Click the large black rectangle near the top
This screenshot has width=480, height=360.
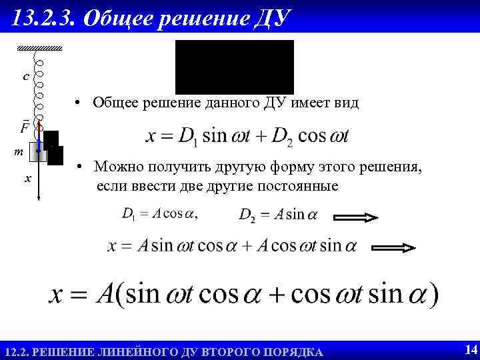click(234, 66)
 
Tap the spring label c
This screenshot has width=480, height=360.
click(25, 77)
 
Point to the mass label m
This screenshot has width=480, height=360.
click(20, 153)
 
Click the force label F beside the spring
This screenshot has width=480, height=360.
click(25, 127)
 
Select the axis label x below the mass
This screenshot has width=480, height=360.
click(27, 179)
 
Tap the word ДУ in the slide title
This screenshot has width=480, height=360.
click(273, 19)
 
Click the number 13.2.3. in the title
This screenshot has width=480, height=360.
click(44, 19)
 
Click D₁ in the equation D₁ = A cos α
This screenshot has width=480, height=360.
click(129, 214)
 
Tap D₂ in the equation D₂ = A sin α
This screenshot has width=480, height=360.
click(247, 215)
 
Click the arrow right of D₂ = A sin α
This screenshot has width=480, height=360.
click(356, 217)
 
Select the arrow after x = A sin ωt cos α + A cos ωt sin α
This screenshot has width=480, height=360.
click(393, 247)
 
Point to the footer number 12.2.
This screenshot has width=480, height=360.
click(16, 351)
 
